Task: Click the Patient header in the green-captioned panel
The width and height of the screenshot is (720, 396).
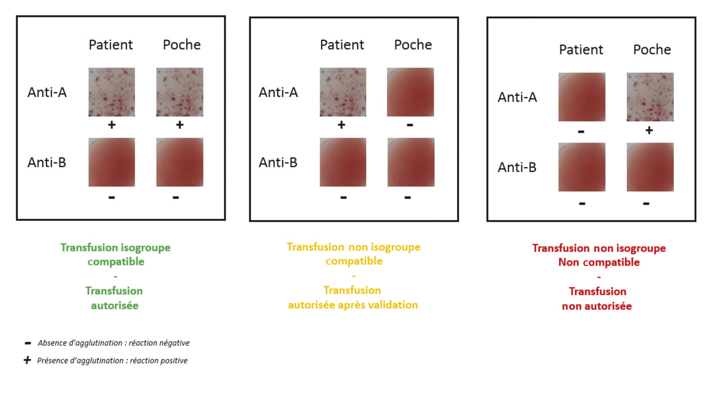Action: coord(111,44)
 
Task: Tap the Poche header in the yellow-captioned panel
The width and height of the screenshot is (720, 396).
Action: coord(413,44)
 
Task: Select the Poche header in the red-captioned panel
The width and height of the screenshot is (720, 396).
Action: coord(652,49)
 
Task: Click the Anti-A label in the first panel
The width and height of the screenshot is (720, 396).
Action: coord(47,92)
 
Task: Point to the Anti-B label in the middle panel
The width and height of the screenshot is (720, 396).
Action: coord(278,163)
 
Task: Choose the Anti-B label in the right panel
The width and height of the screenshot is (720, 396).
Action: coord(517,167)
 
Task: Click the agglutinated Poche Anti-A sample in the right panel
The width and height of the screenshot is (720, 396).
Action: coord(650,97)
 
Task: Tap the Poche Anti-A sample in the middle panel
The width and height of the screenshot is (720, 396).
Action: coord(411,92)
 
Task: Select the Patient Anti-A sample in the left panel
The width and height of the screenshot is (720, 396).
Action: coord(112,92)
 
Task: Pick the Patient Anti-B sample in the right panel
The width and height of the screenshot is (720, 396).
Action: coord(582,167)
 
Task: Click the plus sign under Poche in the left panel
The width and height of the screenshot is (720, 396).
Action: coord(179,125)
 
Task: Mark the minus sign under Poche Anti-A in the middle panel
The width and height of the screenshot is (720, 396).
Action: coord(410,125)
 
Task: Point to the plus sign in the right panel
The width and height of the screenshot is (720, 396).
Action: coord(649,130)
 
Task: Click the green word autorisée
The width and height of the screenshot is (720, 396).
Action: coord(115,305)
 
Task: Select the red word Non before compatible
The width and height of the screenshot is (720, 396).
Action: coord(569,262)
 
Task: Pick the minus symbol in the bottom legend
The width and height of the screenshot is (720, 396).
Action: coord(28,343)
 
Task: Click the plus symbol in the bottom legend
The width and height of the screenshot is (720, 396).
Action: coord(28,361)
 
